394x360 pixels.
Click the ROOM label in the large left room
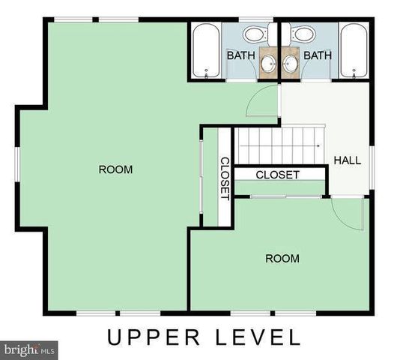[115, 169]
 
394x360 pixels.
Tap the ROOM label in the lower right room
[282, 259]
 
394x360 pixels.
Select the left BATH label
[241, 55]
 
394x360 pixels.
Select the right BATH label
[318, 55]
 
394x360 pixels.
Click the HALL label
[347, 160]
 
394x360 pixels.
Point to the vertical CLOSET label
[224, 178]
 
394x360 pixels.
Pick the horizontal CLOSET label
[277, 175]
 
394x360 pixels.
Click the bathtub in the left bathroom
[204, 50]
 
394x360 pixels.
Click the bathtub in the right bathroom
[353, 50]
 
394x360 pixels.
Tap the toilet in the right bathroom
[303, 34]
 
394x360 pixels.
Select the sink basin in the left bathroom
[269, 64]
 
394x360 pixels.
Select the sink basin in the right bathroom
[289, 64]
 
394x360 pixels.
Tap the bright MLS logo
[30, 349]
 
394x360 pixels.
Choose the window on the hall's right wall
[372, 161]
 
